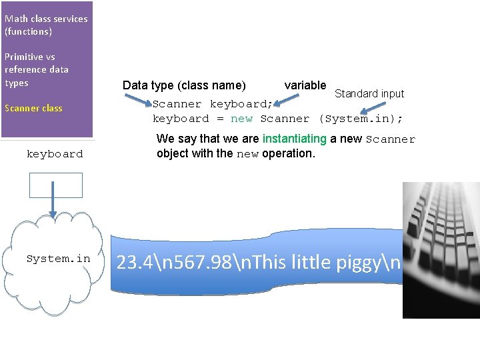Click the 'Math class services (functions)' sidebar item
[x=45, y=25]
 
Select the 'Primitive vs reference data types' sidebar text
[x=37, y=69]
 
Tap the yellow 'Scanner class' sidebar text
[x=33, y=108]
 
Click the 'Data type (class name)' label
[x=184, y=85]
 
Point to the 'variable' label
[x=305, y=85]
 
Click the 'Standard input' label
[x=369, y=93]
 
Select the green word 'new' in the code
[x=241, y=119]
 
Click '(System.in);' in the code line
[x=361, y=119]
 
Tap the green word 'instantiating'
[x=295, y=139]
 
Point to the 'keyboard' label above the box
[x=55, y=154]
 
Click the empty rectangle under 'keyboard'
[x=56, y=185]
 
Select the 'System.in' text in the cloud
[x=58, y=259]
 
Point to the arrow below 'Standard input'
[x=361, y=108]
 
